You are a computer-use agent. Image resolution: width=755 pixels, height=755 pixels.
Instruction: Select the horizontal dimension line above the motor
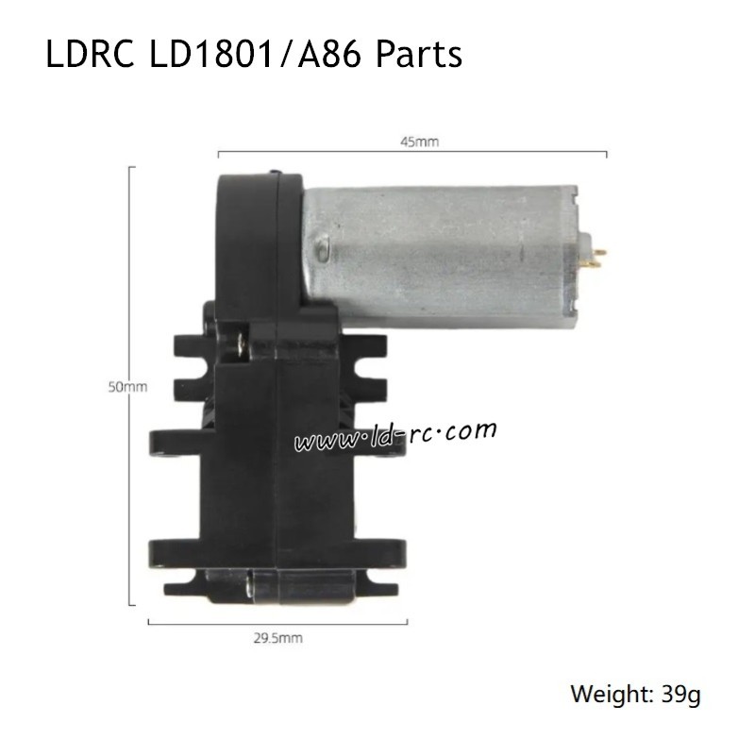pos(412,152)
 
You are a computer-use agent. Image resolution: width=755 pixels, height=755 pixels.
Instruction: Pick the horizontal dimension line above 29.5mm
pos(278,622)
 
